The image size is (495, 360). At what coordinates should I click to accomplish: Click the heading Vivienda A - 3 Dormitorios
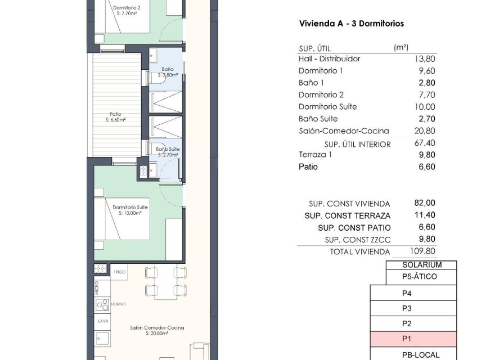(x=351, y=24)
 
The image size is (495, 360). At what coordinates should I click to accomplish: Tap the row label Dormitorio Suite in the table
(x=327, y=107)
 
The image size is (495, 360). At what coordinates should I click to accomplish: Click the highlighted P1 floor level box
(x=412, y=339)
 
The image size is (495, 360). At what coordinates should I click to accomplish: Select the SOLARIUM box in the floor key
(x=421, y=265)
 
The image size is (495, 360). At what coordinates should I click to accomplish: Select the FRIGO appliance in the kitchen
(x=119, y=272)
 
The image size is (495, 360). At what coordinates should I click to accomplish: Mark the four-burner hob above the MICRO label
(x=100, y=268)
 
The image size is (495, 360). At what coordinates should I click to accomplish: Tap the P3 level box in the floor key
(x=407, y=308)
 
